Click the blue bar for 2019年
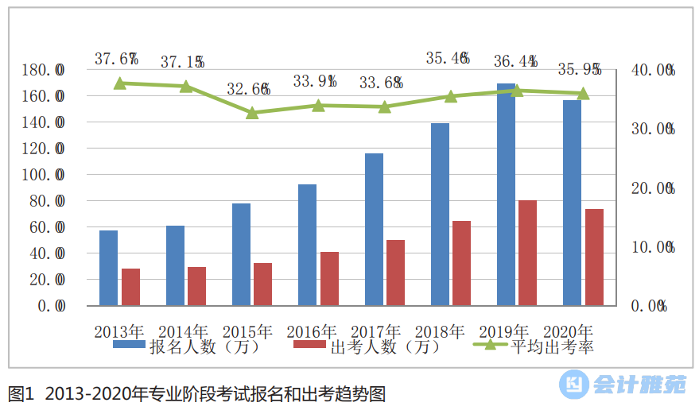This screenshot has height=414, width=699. [x=506, y=195]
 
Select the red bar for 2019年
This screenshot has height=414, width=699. [x=528, y=253]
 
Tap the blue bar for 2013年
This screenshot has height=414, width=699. [x=108, y=268]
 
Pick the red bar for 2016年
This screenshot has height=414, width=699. [x=329, y=278]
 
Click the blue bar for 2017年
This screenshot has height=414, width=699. [x=374, y=229]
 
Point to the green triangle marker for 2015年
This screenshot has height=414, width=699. [x=252, y=113]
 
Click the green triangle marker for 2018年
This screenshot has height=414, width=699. [x=451, y=96]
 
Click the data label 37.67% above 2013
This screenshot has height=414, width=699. [x=117, y=59]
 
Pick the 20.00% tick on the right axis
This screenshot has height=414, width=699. [x=652, y=188]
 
